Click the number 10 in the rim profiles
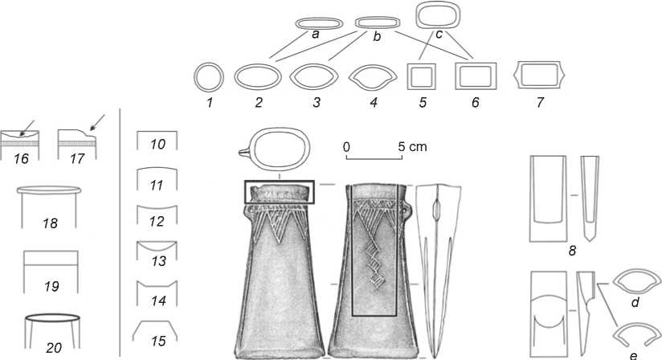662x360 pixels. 157,145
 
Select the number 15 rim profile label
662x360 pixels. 158,342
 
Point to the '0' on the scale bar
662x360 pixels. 345,148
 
